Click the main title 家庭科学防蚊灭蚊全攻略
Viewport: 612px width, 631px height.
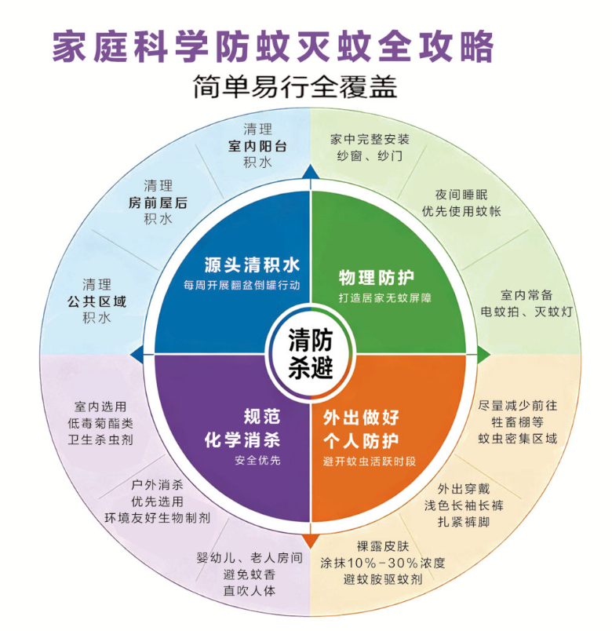pos(273,47)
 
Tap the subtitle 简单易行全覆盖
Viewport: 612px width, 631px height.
pos(295,86)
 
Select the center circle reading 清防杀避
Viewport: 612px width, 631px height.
pos(310,353)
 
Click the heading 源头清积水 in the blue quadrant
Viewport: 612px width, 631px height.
pos(252,265)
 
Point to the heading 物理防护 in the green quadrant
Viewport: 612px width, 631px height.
pos(376,277)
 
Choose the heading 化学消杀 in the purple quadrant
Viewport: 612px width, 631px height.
pos(242,440)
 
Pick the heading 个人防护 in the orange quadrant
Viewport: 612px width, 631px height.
pos(361,440)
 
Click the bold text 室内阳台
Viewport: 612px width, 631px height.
pos(257,146)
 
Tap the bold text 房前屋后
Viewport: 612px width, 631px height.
pos(158,202)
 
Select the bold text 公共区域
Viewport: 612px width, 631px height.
pos(97,301)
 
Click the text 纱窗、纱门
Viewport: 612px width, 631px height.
pos(370,155)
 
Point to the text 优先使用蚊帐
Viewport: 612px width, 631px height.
pos(461,211)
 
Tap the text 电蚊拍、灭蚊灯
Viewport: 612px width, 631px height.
pos(526,312)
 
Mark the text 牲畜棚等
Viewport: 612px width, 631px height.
pos(517,421)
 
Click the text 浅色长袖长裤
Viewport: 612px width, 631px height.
pos(464,505)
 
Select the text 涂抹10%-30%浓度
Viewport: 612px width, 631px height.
pos(383,563)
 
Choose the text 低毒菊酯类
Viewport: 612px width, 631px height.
pos(100,423)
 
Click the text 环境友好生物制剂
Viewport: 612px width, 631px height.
pos(158,517)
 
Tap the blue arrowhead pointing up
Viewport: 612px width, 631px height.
pos(310,171)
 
